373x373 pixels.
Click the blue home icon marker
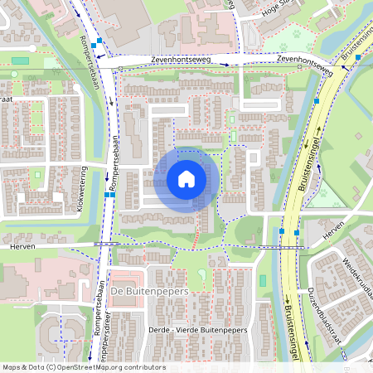pyautogui.click(x=186, y=179)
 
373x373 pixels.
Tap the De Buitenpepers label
pyautogui.click(x=150, y=293)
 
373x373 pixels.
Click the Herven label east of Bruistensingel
pyautogui.click(x=332, y=237)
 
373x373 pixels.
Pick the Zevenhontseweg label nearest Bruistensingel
pyautogui.click(x=304, y=63)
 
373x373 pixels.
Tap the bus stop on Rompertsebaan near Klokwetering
pyautogui.click(x=106, y=194)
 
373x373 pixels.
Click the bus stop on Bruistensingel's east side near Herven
pyautogui.click(x=297, y=233)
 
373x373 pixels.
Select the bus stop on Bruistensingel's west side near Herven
pyautogui.click(x=282, y=231)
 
